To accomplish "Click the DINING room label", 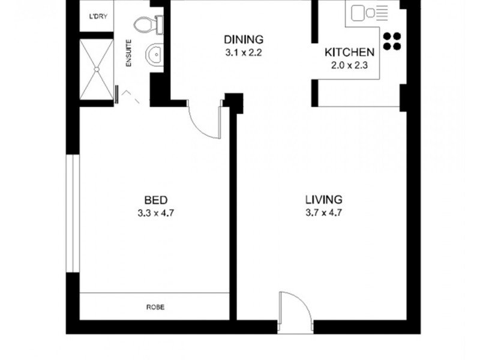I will (244, 40).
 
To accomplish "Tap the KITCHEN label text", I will (349, 52).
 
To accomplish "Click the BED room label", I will (155, 200).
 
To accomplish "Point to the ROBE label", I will (155, 307).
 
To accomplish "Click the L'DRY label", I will (98, 16).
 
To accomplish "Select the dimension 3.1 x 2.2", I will (244, 52).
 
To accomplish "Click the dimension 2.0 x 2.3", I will (349, 64).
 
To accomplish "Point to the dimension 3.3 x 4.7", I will (155, 212).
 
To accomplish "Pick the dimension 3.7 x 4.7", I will (323, 212).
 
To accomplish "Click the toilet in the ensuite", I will (147, 25).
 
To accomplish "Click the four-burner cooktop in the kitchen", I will (391, 40).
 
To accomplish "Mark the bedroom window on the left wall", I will (73, 213).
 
